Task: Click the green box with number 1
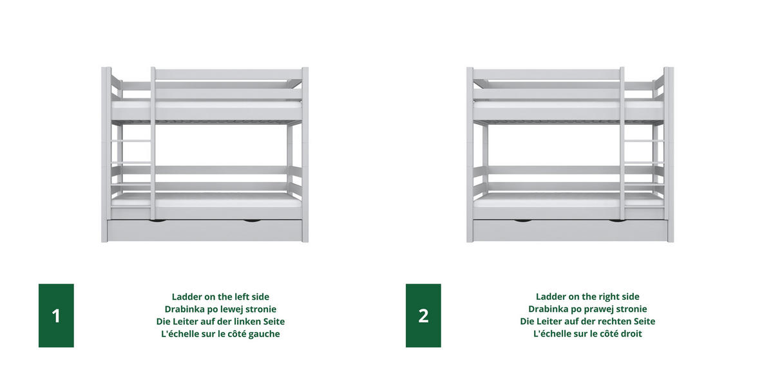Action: point(56,315)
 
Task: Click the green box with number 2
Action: point(423,315)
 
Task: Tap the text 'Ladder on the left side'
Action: point(220,297)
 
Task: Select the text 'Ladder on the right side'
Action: point(587,297)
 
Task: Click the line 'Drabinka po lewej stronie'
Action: point(220,309)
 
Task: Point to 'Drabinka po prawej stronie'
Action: point(587,309)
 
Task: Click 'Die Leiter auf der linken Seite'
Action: point(220,322)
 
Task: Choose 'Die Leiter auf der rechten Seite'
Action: point(587,322)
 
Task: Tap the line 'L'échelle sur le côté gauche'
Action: point(220,334)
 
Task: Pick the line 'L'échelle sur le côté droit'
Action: point(587,334)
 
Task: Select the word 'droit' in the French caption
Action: point(631,334)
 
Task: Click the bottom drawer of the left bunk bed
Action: point(205,230)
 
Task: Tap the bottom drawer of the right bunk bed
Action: point(570,230)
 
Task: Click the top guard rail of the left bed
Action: point(229,74)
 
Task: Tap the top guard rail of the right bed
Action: point(547,74)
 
